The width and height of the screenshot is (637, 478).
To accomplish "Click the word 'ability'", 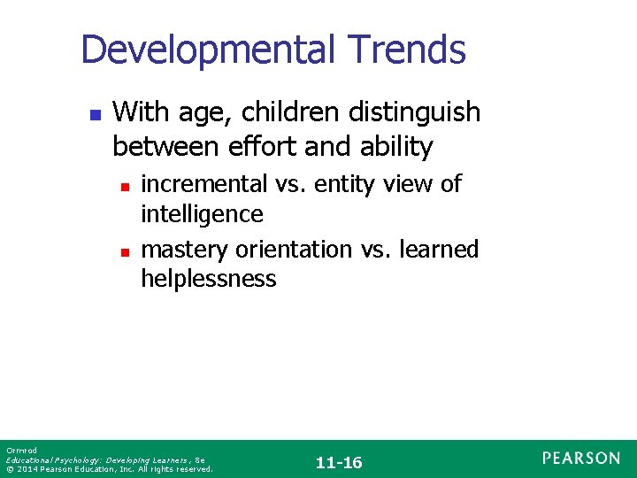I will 397,147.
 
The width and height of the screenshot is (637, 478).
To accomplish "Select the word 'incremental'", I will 204,183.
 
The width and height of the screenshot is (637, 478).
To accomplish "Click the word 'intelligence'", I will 203,214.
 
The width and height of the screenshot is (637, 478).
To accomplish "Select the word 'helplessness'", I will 209,280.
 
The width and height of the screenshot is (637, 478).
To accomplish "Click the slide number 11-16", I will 339,463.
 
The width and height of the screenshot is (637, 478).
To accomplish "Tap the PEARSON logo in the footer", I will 581,458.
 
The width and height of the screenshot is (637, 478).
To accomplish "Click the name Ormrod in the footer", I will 19,451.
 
